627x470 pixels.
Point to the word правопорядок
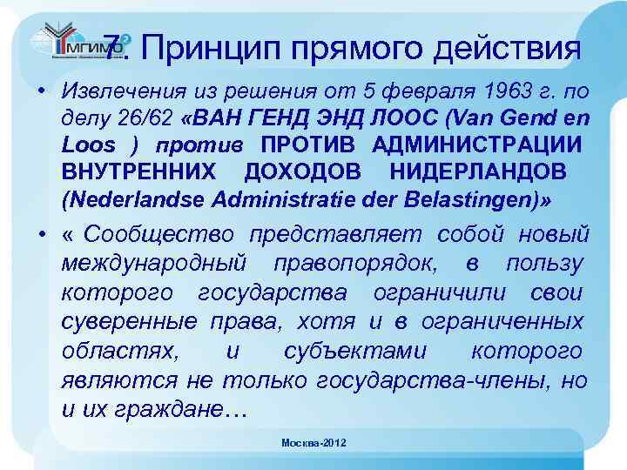point(359,262)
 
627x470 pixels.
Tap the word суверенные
point(129,321)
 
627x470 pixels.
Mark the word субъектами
point(354,351)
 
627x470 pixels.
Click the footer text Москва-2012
point(313,443)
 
